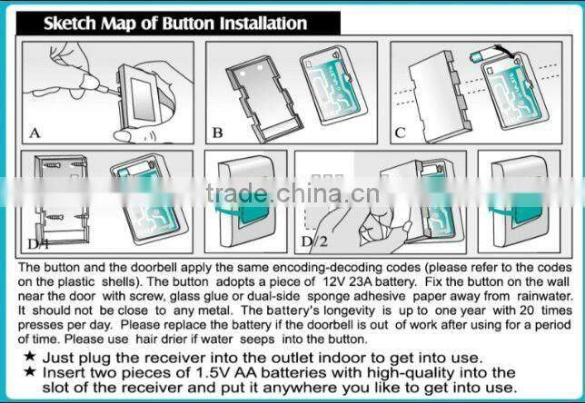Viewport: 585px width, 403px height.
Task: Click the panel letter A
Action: point(35,133)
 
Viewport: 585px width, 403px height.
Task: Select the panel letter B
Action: point(217,133)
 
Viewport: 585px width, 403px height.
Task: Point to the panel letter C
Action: point(400,133)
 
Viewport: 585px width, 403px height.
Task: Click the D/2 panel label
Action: point(314,241)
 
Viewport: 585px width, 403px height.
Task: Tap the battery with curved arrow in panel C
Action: point(481,56)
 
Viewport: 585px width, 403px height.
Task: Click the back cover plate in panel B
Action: point(263,99)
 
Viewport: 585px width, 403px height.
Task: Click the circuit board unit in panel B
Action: point(333,85)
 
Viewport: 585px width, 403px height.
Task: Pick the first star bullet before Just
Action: point(30,356)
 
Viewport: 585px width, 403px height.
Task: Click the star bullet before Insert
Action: point(30,371)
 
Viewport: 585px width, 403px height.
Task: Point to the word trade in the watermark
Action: point(236,193)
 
